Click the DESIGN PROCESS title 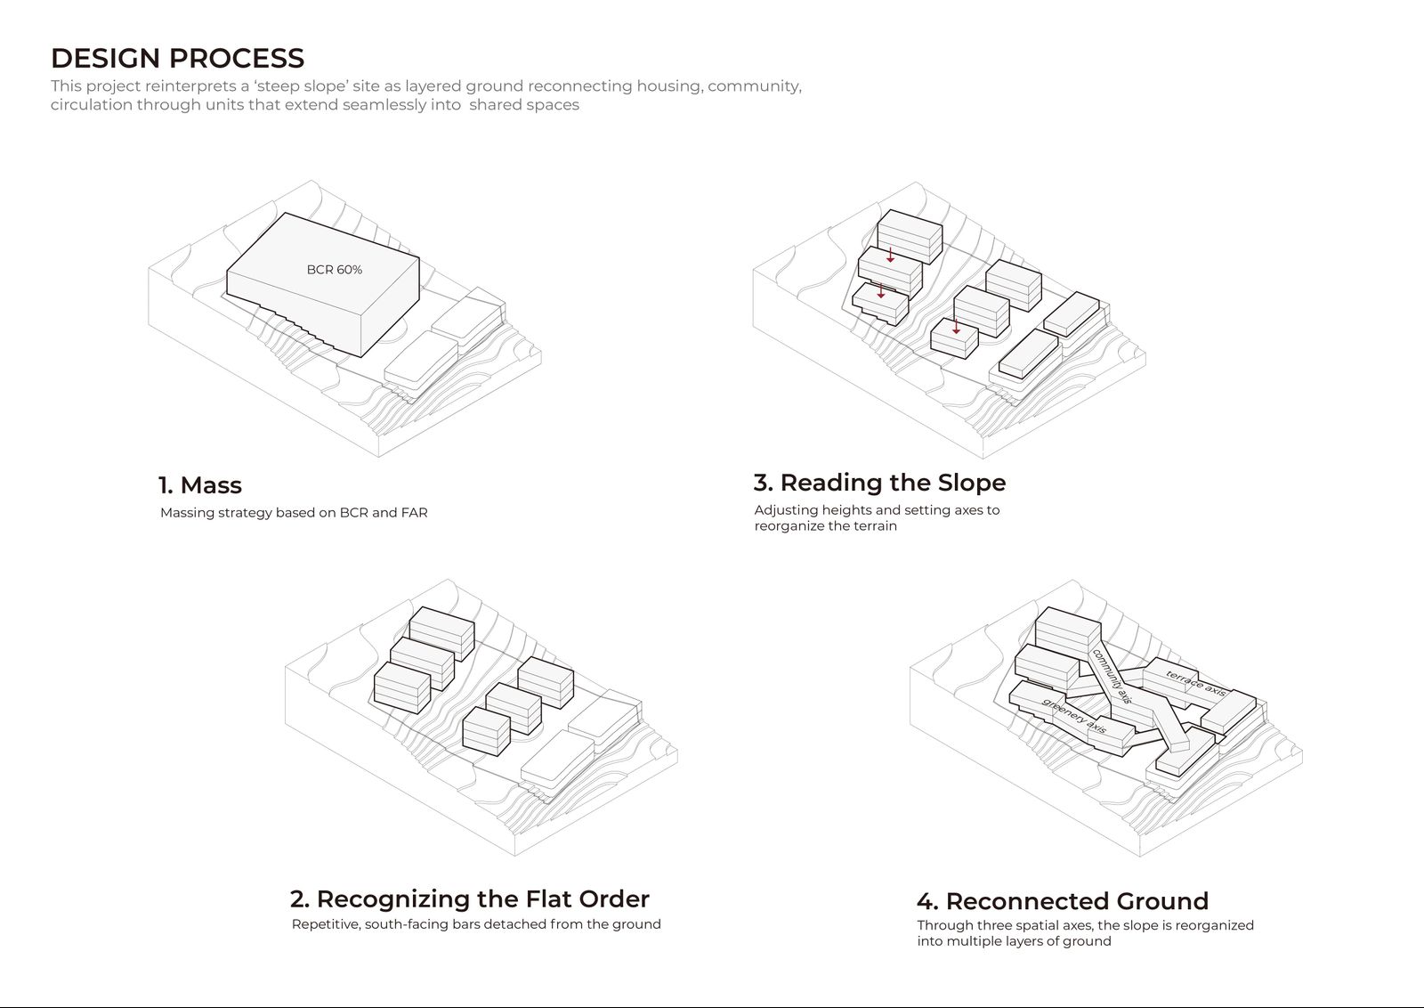tap(177, 58)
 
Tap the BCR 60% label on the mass tap(335, 270)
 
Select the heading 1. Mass tap(200, 485)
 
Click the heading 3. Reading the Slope tap(880, 483)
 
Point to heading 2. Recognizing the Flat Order tap(470, 899)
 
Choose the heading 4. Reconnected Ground tap(1063, 901)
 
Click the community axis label tap(1112, 676)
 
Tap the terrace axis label tap(1196, 683)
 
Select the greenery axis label tap(1074, 716)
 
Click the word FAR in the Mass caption tap(415, 513)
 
